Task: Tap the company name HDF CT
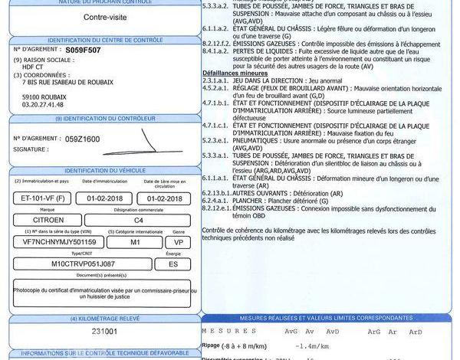pos(34,66)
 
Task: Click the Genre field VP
pos(177,241)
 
